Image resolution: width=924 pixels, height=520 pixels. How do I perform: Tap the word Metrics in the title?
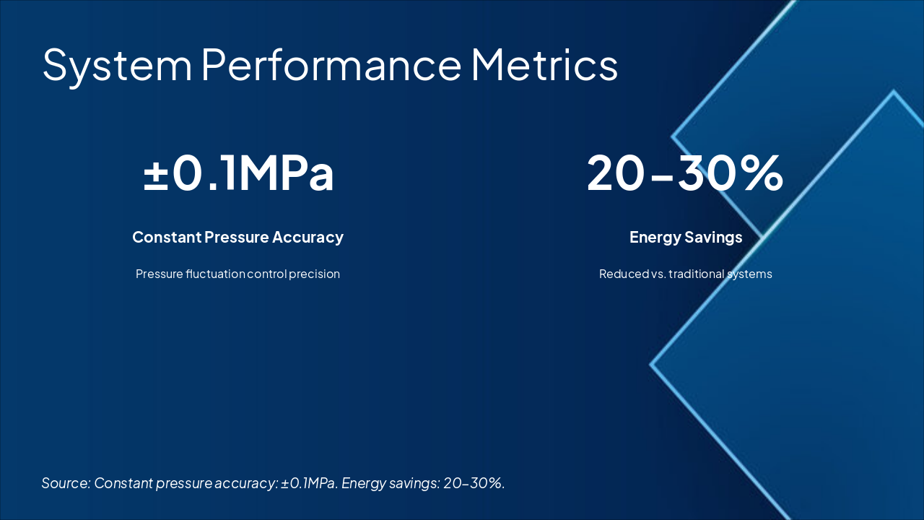[544, 65]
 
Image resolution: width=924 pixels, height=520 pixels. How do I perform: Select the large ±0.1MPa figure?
[238, 174]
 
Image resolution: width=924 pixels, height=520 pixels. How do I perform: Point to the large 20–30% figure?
[684, 174]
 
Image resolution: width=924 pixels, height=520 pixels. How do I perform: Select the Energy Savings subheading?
[686, 237]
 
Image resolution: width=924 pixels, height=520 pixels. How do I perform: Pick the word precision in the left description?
[314, 274]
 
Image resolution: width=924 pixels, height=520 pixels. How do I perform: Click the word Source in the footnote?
[65, 483]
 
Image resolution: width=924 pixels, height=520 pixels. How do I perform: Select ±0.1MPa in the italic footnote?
[309, 483]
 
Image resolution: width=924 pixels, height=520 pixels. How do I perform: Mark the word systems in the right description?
[750, 274]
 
